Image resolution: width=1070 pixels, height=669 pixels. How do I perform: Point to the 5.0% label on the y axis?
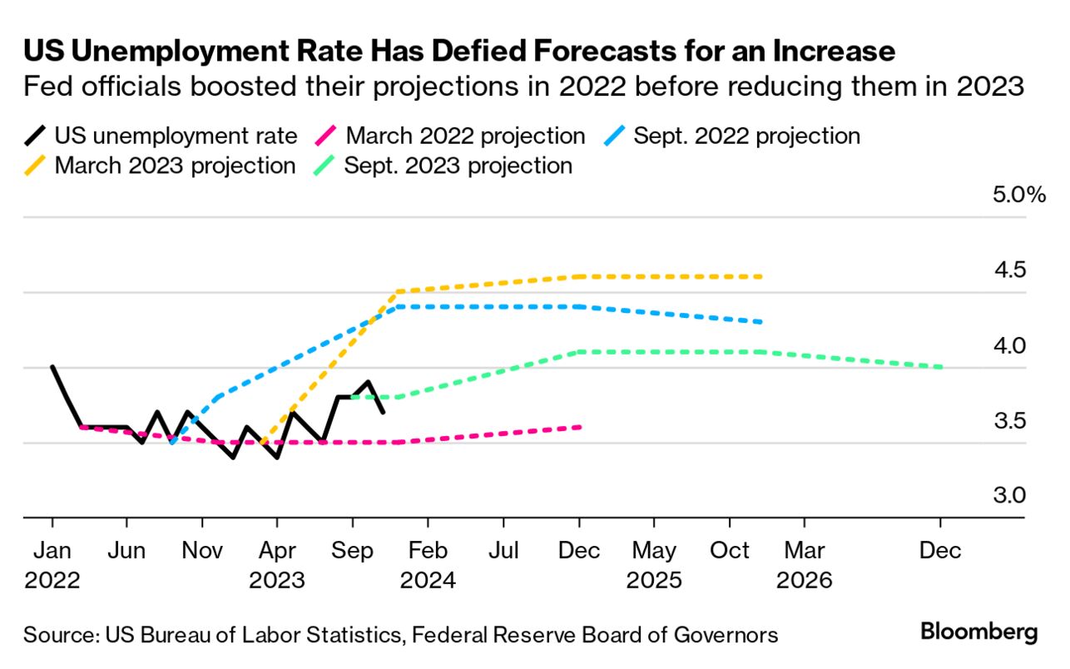click(1016, 196)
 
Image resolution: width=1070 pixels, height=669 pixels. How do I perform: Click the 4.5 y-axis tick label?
click(1009, 270)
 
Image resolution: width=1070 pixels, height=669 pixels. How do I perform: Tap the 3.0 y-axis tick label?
click(1009, 496)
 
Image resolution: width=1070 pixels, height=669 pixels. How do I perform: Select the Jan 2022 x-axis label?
click(52, 565)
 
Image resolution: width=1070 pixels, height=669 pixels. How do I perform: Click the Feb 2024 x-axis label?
click(428, 565)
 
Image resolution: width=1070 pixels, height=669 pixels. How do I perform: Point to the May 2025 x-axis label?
click(654, 565)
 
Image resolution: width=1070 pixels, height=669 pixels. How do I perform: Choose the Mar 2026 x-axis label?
click(804, 565)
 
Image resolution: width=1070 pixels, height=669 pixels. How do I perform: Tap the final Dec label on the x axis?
click(940, 551)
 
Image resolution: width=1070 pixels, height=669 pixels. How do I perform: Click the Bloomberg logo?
click(979, 632)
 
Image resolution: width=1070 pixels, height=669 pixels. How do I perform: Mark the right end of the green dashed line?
click(941, 367)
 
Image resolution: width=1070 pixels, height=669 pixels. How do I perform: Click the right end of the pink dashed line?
click(580, 427)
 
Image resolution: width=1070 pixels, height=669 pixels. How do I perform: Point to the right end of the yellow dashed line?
click(761, 276)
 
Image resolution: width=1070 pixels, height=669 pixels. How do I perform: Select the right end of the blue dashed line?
click(761, 322)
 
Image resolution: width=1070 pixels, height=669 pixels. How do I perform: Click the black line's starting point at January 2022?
click(52, 366)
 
